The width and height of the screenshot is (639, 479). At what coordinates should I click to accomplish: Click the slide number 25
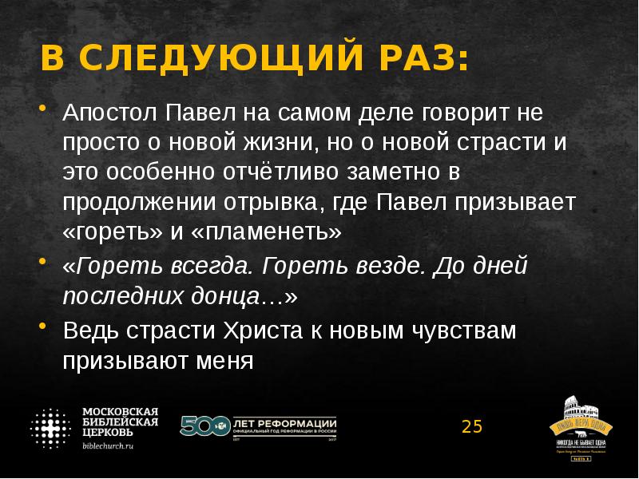coord(472,426)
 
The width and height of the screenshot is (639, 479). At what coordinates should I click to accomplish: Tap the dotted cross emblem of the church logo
coord(51,428)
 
